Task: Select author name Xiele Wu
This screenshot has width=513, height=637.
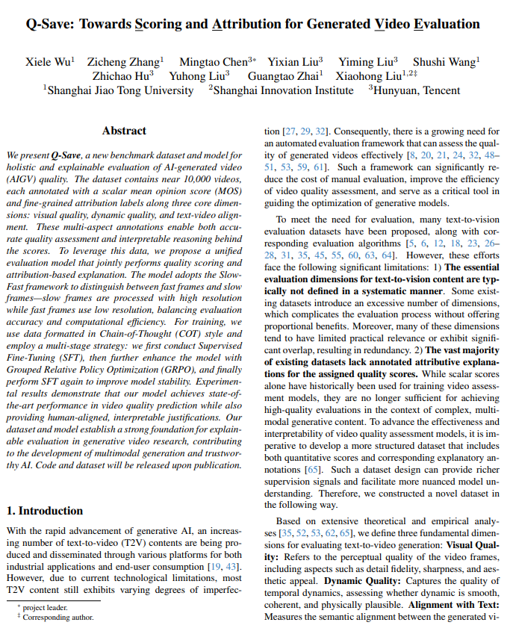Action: pyautogui.click(x=49, y=62)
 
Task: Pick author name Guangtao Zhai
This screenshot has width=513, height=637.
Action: pyautogui.click(x=284, y=75)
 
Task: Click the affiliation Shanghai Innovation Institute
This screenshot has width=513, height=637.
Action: pyautogui.click(x=284, y=90)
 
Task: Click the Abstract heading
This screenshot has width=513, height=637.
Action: pyautogui.click(x=124, y=131)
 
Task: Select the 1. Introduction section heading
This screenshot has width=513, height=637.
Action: pyautogui.click(x=45, y=511)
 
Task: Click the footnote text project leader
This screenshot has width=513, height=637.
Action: pyautogui.click(x=46, y=608)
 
